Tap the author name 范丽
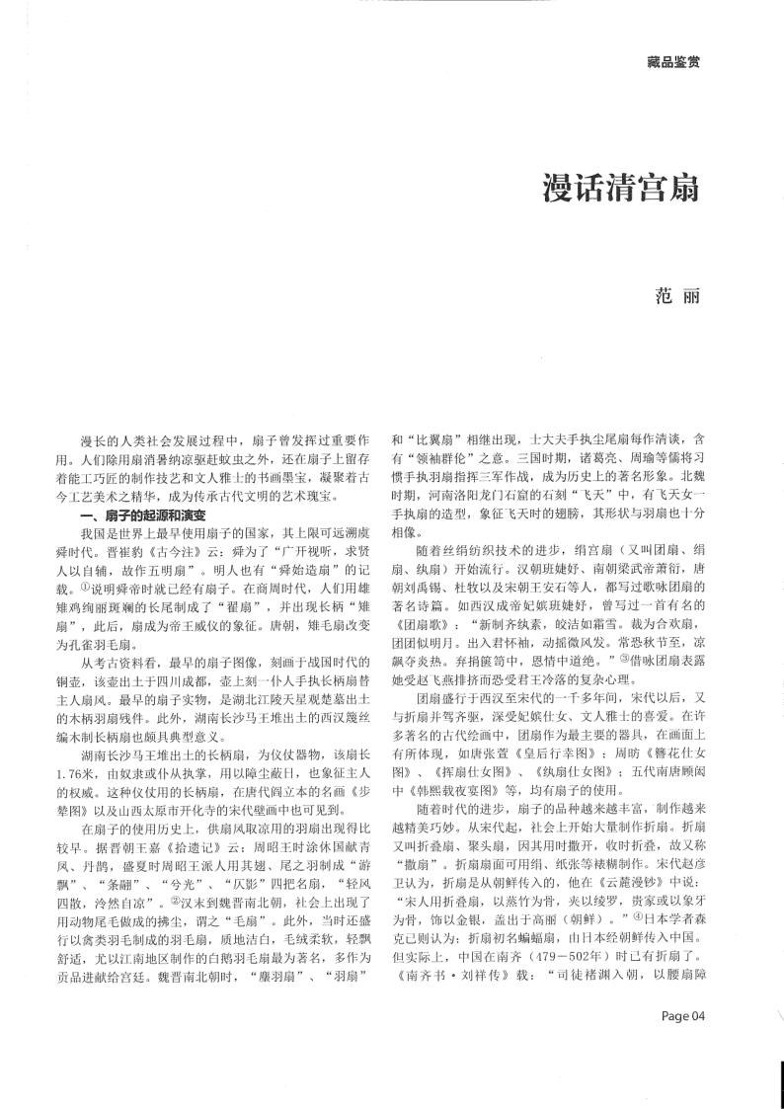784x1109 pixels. pyautogui.click(x=680, y=295)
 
